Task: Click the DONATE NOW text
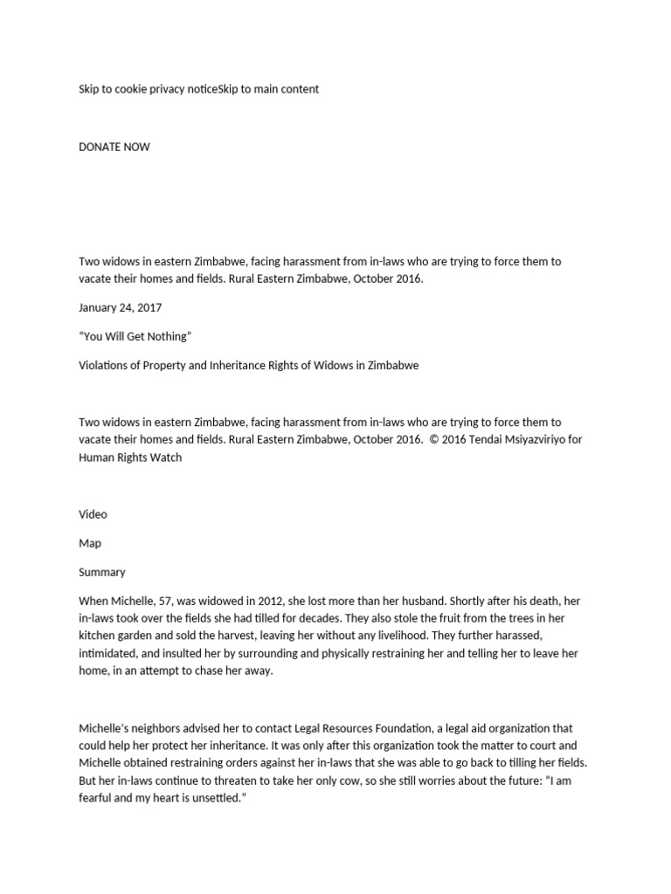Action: coord(114,147)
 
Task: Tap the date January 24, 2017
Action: coord(120,307)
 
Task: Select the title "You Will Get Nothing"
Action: coord(135,336)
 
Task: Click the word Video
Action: coord(93,514)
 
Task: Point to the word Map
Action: coord(90,543)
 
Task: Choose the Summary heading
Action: coord(102,572)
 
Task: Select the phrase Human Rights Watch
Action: coord(130,457)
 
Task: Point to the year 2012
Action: coord(285,601)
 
